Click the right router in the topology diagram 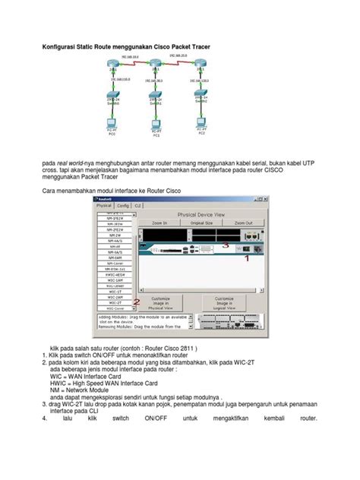pos(201,69)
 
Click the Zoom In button pos(159,223)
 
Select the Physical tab pos(104,205)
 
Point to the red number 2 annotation pos(136,302)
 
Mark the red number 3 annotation pos(226,245)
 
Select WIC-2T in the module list pos(113,302)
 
